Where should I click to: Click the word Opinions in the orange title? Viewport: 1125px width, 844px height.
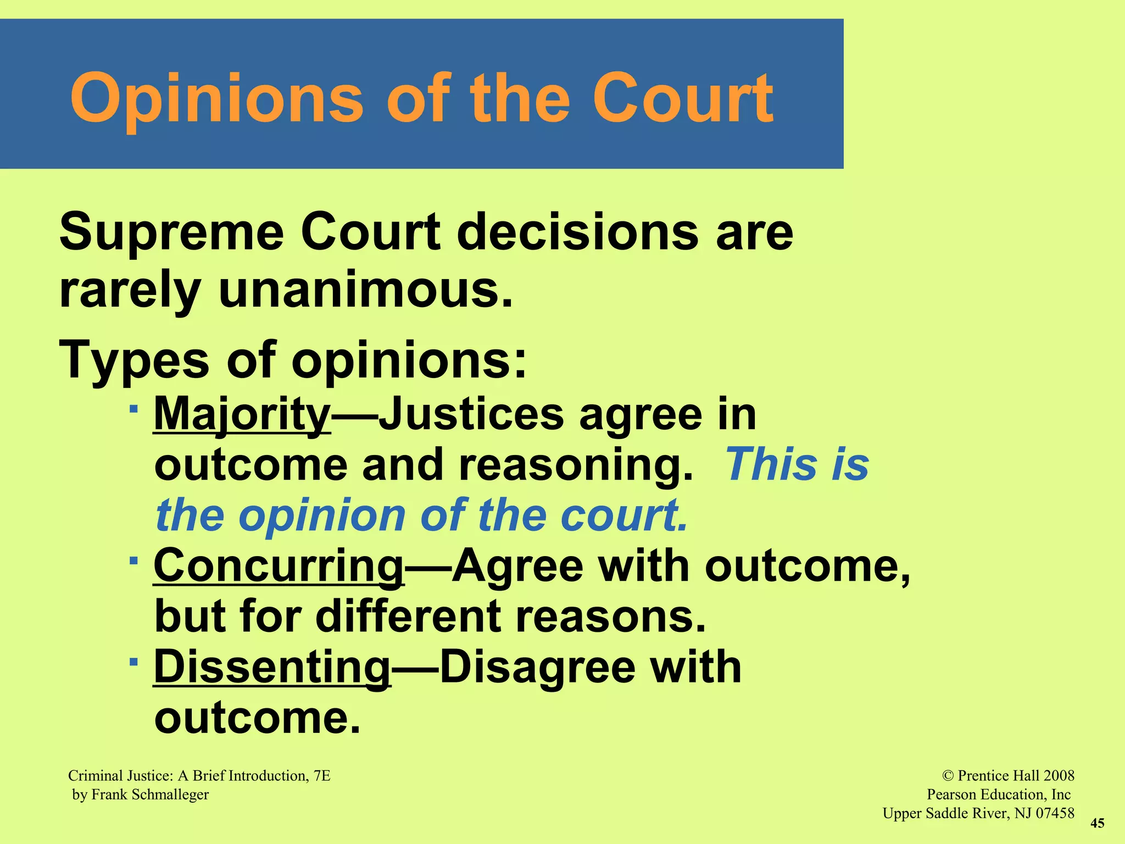coord(217,99)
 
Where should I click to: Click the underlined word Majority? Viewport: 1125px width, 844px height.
coord(242,415)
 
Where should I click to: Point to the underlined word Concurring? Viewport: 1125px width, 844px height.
coord(279,567)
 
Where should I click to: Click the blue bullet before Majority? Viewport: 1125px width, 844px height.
coord(133,409)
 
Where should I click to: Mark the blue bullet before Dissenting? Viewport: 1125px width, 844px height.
coord(133,662)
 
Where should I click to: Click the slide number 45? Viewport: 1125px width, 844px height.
coord(1097,823)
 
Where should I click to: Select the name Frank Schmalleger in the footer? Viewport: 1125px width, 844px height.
coord(150,795)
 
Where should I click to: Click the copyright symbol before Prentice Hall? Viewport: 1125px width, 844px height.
coord(948,776)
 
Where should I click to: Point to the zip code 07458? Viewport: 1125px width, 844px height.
coord(1054,813)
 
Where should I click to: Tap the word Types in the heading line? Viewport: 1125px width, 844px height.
coord(134,360)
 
